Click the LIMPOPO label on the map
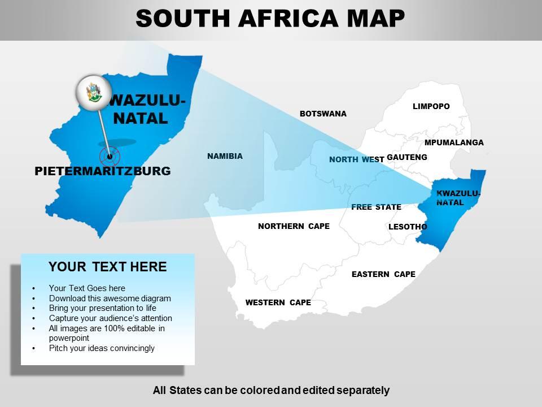click(431, 106)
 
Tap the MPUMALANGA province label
click(454, 142)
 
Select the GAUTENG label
click(407, 157)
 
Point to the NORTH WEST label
click(356, 159)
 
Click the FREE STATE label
click(376, 207)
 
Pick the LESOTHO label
click(408, 227)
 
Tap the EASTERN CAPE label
click(383, 274)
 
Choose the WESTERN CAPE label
click(278, 302)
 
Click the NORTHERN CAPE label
click(294, 226)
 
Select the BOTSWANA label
click(323, 114)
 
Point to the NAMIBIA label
click(225, 156)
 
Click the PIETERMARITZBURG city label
click(103, 171)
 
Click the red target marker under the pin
click(110, 156)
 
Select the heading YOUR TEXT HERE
click(107, 267)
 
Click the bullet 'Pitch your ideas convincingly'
click(102, 348)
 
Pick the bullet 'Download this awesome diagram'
click(110, 298)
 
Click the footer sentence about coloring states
click(271, 390)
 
